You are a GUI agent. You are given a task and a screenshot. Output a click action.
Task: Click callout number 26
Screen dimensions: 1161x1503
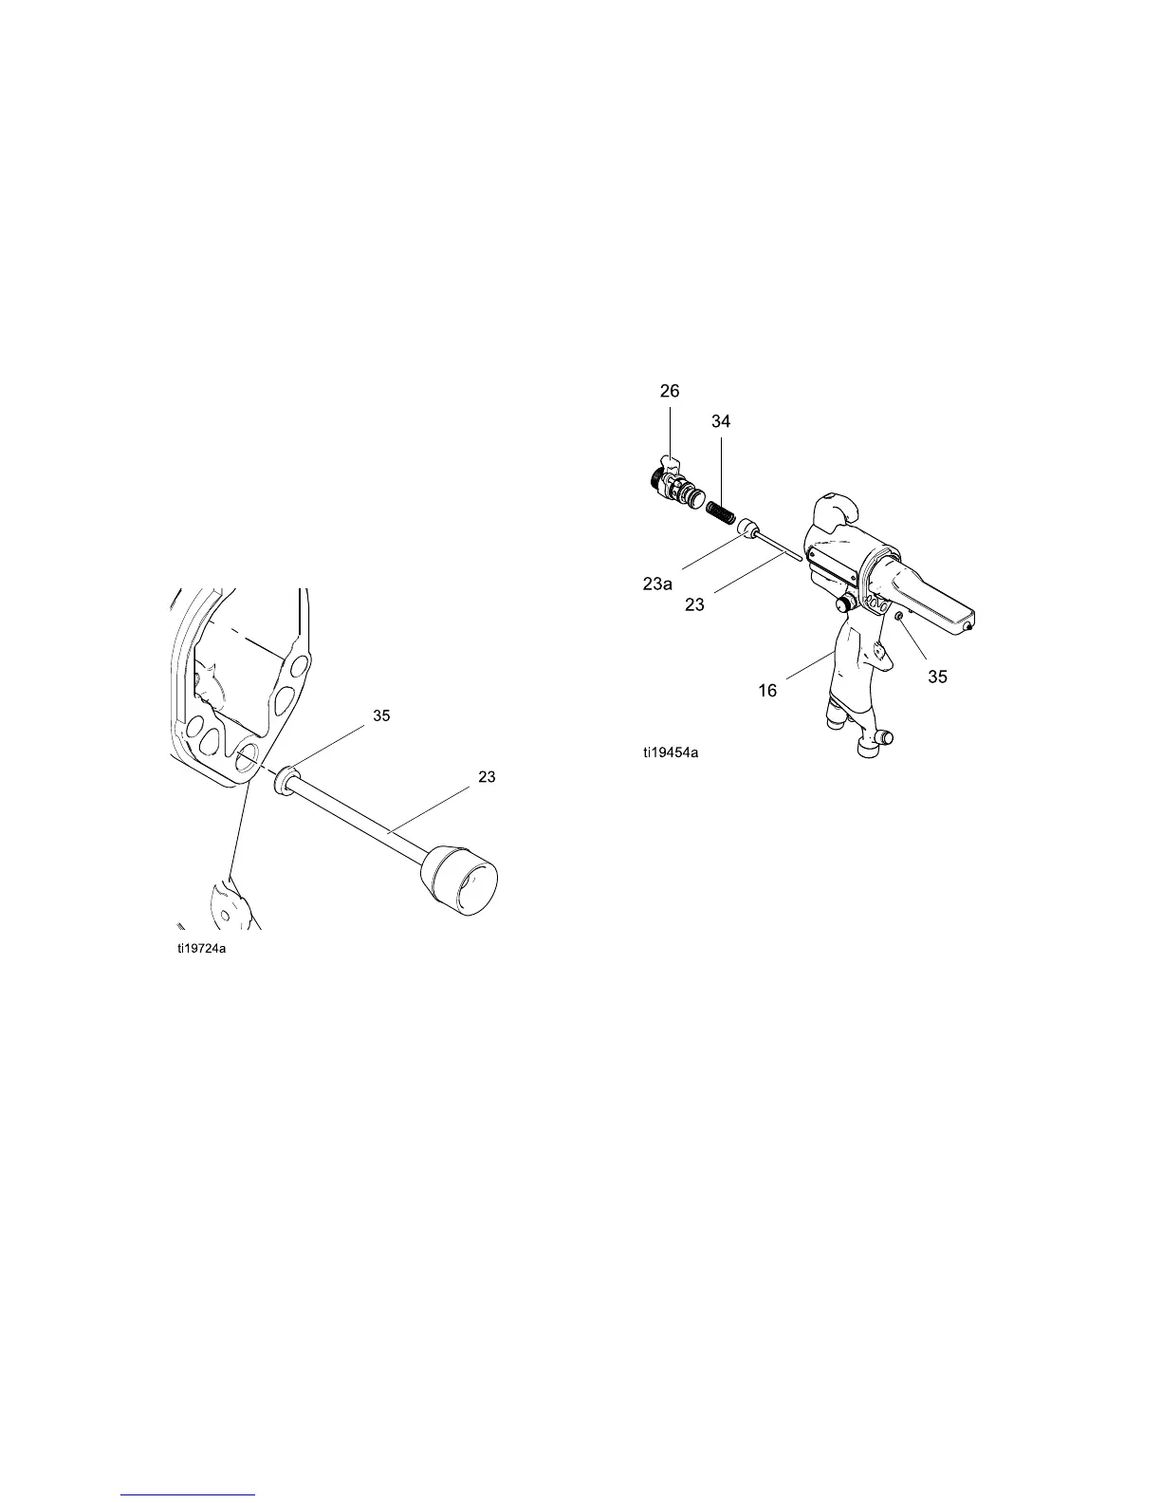click(670, 391)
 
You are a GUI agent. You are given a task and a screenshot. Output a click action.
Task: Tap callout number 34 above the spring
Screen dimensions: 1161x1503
click(721, 420)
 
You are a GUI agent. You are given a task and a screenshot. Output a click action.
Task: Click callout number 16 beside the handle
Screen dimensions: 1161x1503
click(767, 691)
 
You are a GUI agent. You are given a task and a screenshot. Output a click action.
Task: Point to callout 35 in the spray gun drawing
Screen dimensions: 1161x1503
click(937, 677)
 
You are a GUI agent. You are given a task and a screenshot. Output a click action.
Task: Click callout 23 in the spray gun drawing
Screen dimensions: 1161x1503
click(694, 604)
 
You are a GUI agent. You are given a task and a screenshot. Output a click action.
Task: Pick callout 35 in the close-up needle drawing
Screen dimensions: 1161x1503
click(380, 716)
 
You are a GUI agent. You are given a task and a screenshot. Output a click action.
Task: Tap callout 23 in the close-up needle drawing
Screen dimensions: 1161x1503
click(487, 777)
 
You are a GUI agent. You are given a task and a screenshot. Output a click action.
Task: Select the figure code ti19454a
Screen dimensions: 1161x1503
click(669, 753)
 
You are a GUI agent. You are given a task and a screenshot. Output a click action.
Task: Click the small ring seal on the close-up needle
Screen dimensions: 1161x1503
click(283, 782)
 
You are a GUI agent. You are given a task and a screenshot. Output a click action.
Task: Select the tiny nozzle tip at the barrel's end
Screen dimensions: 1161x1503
click(967, 626)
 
